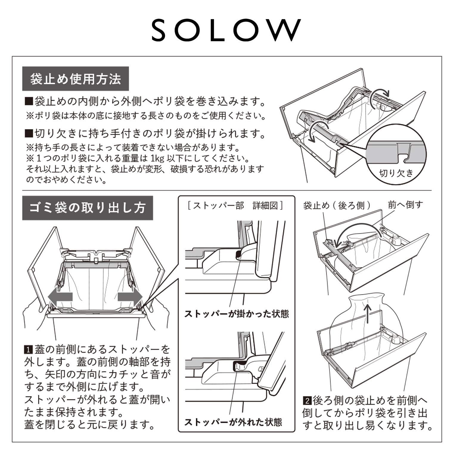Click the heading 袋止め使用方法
pyautogui.click(x=76, y=79)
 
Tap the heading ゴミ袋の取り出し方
pyautogui.click(x=87, y=208)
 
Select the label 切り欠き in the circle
pyautogui.click(x=396, y=173)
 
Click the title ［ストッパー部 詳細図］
pyautogui.click(x=235, y=206)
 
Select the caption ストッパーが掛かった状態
pyautogui.click(x=236, y=314)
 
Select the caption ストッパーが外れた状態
pyautogui.click(x=233, y=422)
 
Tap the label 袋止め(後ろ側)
pyautogui.click(x=337, y=205)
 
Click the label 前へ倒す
pyautogui.click(x=405, y=205)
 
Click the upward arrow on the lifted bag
pyautogui.click(x=368, y=313)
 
